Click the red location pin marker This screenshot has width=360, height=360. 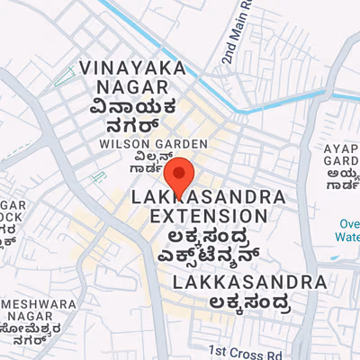179,172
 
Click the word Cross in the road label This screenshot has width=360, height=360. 244,351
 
